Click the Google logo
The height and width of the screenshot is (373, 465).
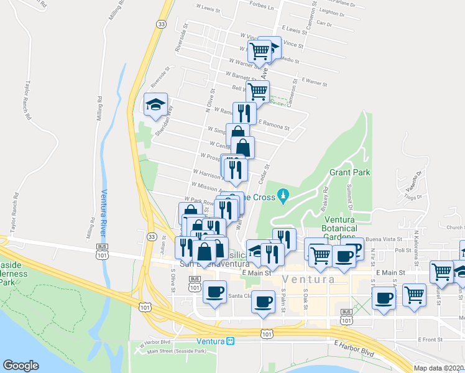pyautogui.click(x=21, y=366)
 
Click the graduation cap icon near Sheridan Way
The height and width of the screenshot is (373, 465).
pyautogui.click(x=155, y=104)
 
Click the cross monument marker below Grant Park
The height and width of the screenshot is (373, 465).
pyautogui.click(x=283, y=196)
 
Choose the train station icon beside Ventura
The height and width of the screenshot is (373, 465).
pyautogui.click(x=230, y=341)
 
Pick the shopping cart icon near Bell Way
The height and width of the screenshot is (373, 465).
pyautogui.click(x=257, y=91)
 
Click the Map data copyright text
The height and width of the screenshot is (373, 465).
pyautogui.click(x=439, y=368)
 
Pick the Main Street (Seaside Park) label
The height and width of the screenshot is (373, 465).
pyautogui.click(x=177, y=352)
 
